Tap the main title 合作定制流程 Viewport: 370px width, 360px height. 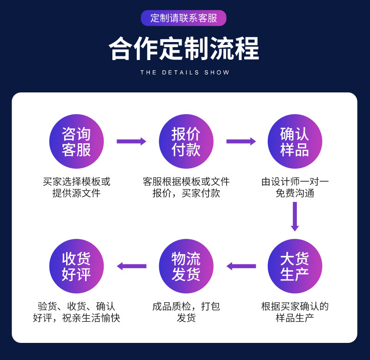(x=184, y=49)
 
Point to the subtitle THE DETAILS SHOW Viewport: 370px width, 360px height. (x=185, y=73)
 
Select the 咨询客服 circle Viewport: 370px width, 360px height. (x=76, y=141)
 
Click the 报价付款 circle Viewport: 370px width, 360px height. (x=186, y=141)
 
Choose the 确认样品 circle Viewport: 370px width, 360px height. (x=295, y=141)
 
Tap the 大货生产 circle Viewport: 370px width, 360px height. (x=295, y=266)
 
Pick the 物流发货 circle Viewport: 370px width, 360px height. (x=186, y=266)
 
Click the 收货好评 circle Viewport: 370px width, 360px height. (x=76, y=266)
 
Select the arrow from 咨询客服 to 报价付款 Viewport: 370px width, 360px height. (x=131, y=141)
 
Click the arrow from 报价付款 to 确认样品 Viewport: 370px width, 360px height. (x=241, y=141)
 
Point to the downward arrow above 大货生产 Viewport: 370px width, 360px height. (x=295, y=216)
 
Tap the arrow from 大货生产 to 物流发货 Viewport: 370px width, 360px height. (x=241, y=266)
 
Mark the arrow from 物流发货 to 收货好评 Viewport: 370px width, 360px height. (x=131, y=266)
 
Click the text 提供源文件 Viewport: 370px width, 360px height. (x=76, y=194)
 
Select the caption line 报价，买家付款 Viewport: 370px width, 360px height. (x=186, y=194)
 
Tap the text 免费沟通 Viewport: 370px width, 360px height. (x=295, y=194)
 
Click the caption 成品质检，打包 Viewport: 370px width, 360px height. (x=186, y=306)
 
